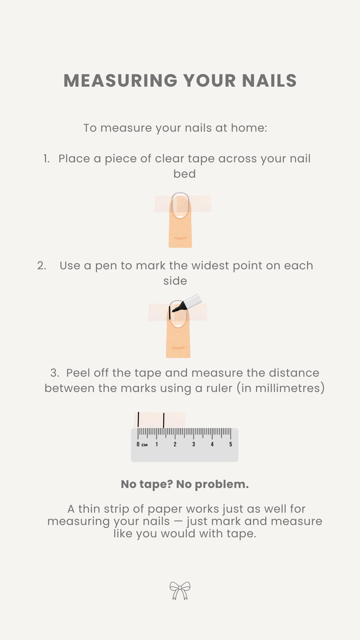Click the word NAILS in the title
pos(269,81)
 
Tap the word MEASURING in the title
pos(120,81)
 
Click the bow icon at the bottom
pos(180,591)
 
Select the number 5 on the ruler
pos(231,444)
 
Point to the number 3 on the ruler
pos(194,444)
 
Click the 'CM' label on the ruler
pos(144,445)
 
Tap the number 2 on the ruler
pos(175,444)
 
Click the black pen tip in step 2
pos(174,310)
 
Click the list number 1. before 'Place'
pos(47,159)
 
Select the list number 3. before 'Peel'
pos(55,373)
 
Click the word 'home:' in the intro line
pos(249,128)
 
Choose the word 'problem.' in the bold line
pos(222,485)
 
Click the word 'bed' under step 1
pos(185,174)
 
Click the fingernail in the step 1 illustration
pos(180,205)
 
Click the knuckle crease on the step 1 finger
pos(180,238)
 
